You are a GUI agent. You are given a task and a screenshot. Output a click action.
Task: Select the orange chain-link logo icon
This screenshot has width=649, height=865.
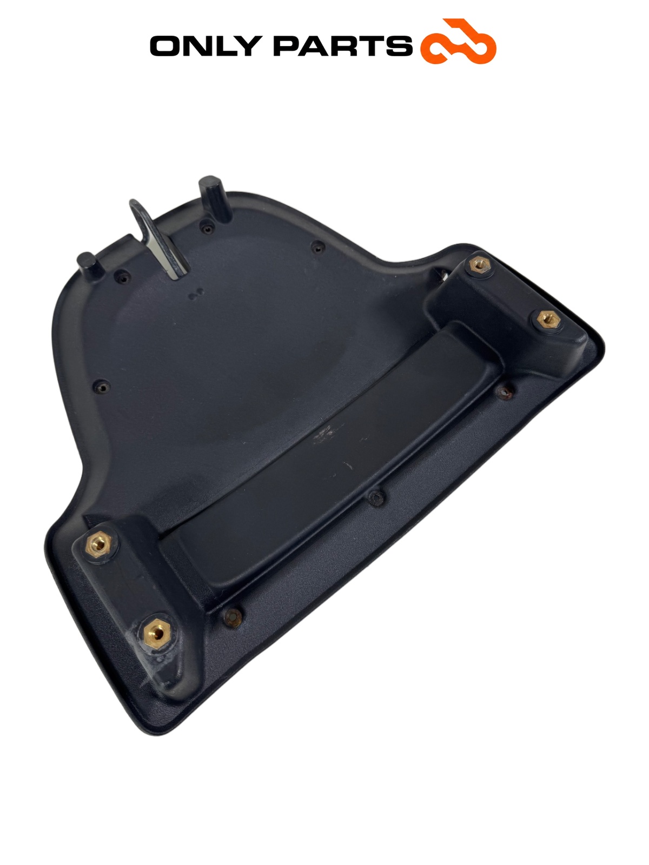[x=458, y=42]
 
